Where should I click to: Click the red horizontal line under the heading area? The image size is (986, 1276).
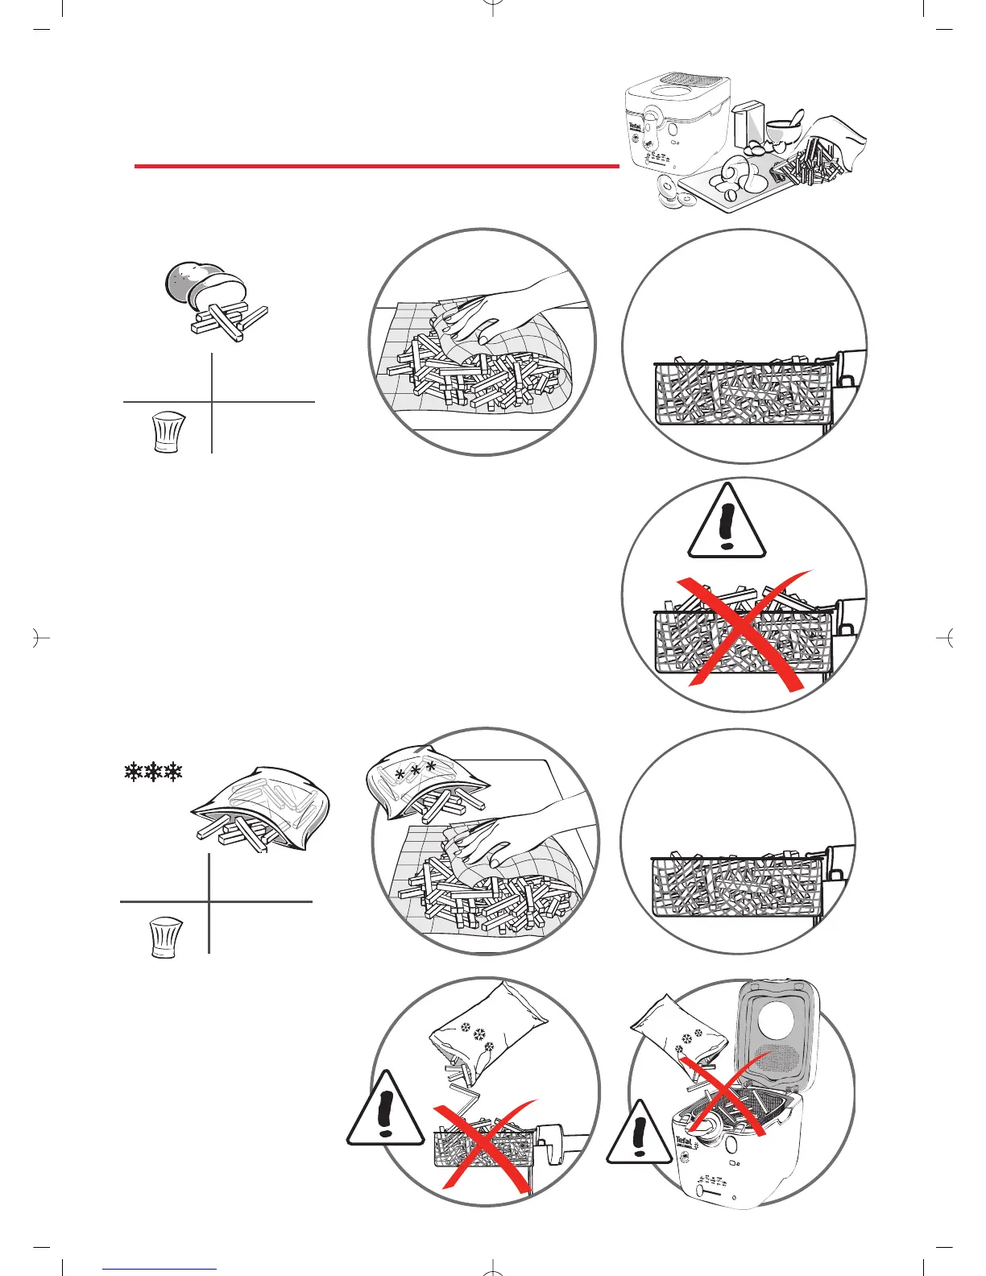[x=375, y=166]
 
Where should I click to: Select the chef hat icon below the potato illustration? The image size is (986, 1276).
[x=168, y=433]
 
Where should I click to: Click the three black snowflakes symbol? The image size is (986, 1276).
[x=153, y=772]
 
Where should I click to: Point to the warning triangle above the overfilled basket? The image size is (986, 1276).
[x=727, y=524]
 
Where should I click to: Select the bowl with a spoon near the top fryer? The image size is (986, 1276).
[x=781, y=130]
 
